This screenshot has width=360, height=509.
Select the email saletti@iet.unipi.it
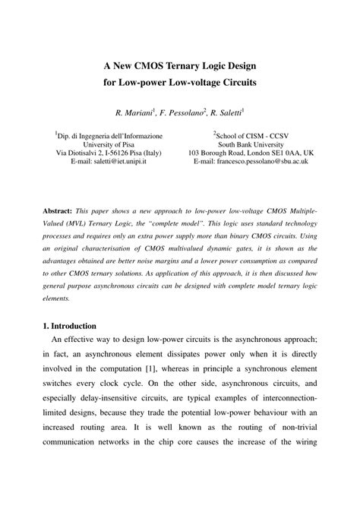[x=109, y=162]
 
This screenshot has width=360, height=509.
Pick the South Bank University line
[x=250, y=142]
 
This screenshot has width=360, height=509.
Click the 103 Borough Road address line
[x=250, y=152]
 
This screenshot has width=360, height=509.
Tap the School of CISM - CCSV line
[x=251, y=132]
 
